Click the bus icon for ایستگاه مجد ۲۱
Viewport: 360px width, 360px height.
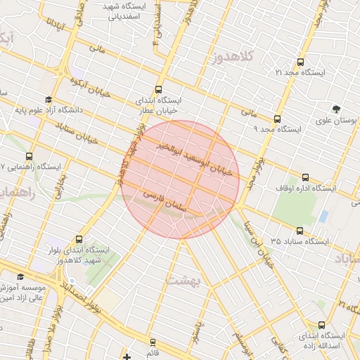(301, 62)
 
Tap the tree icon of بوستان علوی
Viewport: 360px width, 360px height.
(337, 109)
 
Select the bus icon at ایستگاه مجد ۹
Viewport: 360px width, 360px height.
(278, 119)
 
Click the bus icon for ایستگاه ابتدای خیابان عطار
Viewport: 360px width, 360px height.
(158, 89)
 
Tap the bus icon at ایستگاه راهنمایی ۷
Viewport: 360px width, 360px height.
(29, 156)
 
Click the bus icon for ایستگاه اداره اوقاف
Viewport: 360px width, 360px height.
(304, 177)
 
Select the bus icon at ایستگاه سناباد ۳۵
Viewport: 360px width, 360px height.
(300, 230)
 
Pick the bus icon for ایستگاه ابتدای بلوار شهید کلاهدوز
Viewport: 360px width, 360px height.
(78, 239)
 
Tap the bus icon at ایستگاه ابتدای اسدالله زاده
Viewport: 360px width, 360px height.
(321, 325)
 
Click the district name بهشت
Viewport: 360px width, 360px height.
(185, 280)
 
